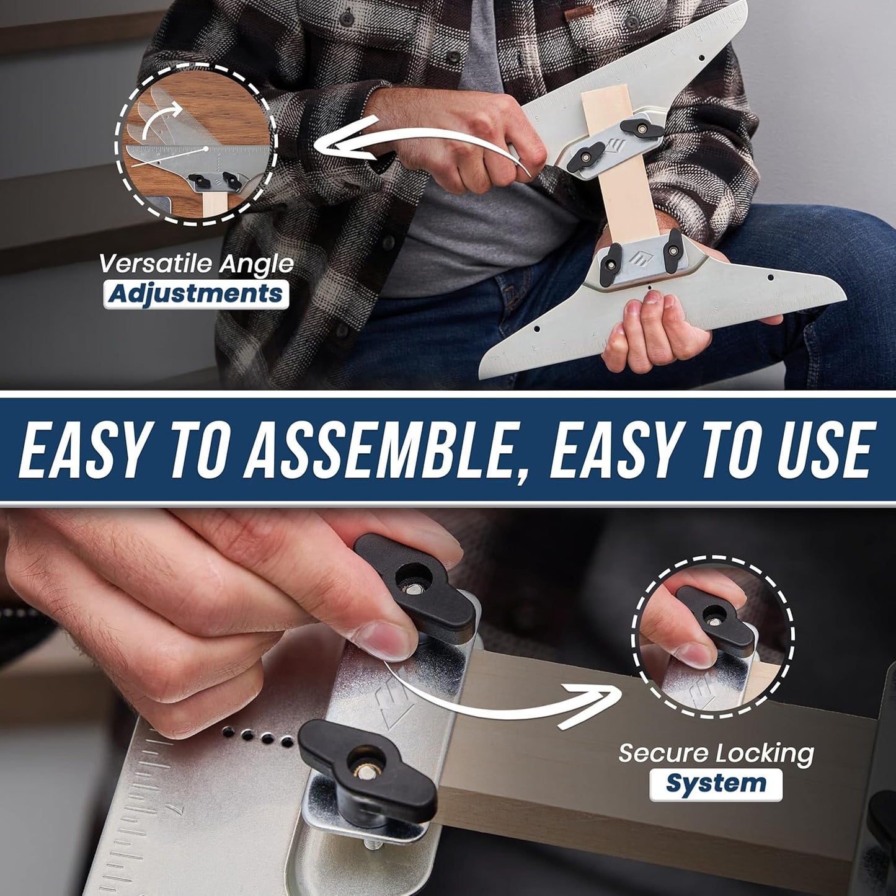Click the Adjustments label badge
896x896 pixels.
196,293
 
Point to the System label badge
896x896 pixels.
716,784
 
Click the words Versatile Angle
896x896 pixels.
196,264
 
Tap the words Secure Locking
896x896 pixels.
716,753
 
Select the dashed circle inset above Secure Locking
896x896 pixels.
712,636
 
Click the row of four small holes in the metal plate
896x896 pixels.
257,736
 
